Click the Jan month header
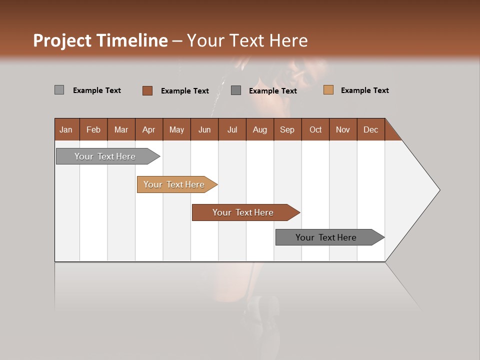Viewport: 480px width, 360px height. (66, 129)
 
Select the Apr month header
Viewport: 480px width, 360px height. (148, 129)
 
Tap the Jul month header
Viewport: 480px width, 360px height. (232, 129)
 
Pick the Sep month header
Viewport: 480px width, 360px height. (287, 129)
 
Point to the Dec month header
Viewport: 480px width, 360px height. (370, 129)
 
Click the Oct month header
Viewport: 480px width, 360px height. (315, 129)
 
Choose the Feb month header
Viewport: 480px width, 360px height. (93, 129)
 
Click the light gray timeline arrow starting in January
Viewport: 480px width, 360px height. (105, 156)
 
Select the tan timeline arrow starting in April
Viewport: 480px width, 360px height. (174, 184)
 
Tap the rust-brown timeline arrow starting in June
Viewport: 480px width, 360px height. (243, 212)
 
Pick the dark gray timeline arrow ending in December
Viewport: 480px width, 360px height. (326, 237)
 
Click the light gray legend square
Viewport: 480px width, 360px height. (59, 90)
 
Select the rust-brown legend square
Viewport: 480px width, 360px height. (147, 90)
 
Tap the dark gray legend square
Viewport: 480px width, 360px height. (236, 90)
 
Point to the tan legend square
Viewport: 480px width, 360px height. (328, 90)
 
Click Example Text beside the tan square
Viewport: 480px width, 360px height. (364, 90)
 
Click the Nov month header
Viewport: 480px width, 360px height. (343, 129)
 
